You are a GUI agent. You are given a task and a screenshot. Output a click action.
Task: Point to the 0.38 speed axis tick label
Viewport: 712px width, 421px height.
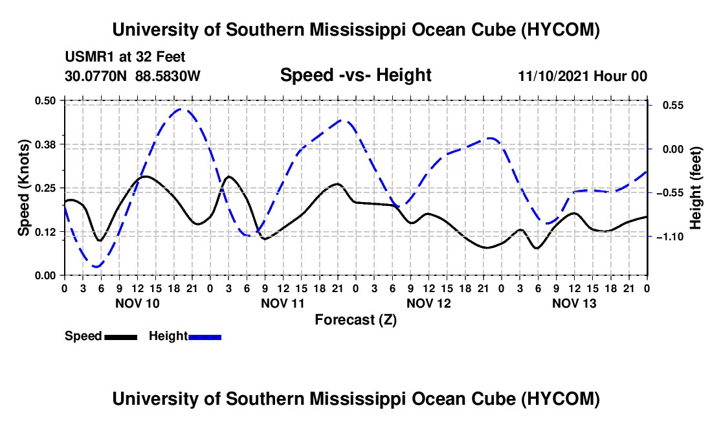(45, 144)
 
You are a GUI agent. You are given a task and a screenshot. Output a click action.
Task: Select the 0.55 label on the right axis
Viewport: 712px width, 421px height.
(673, 106)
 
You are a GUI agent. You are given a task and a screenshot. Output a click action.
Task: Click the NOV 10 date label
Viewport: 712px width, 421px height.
(138, 303)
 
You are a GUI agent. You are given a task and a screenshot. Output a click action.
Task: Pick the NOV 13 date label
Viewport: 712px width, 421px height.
(574, 303)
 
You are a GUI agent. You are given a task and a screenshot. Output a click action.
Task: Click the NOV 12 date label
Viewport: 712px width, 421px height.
(428, 303)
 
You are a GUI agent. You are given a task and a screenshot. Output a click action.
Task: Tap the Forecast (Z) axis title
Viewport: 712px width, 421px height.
(355, 320)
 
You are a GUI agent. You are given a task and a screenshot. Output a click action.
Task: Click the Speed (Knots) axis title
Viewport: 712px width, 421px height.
(23, 188)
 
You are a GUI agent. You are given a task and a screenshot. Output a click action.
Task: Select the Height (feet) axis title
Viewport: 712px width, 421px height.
(695, 188)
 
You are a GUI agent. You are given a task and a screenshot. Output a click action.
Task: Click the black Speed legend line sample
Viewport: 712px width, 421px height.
(121, 337)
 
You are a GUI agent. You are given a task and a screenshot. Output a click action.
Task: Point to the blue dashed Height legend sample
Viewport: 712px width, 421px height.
(205, 337)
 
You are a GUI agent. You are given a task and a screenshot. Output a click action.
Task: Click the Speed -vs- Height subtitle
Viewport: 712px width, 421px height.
(355, 75)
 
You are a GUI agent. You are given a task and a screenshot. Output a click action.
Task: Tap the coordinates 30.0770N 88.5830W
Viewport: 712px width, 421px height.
(133, 76)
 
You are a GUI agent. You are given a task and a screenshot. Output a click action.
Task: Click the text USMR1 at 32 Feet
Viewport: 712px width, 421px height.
(126, 57)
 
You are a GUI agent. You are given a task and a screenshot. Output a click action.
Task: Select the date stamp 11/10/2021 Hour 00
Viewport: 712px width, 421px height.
(583, 76)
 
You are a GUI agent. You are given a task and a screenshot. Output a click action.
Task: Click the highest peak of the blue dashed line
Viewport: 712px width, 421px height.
(182, 109)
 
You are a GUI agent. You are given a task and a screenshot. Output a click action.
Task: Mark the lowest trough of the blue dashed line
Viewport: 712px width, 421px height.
(96, 267)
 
